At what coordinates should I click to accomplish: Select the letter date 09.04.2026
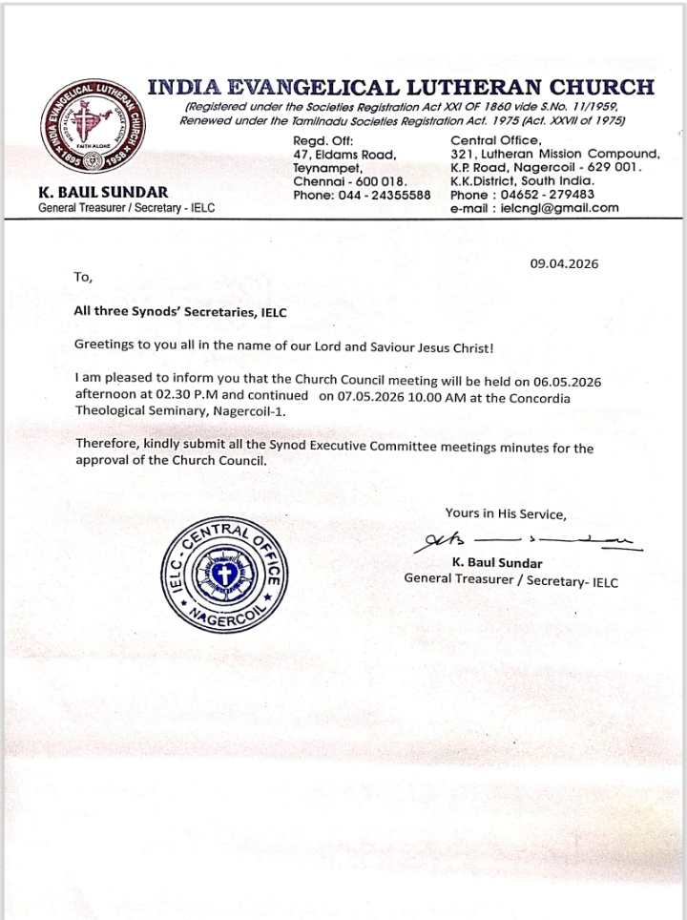564,264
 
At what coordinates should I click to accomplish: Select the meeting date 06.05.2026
554,380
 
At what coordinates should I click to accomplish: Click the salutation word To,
83,278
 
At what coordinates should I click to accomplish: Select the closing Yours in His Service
506,513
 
